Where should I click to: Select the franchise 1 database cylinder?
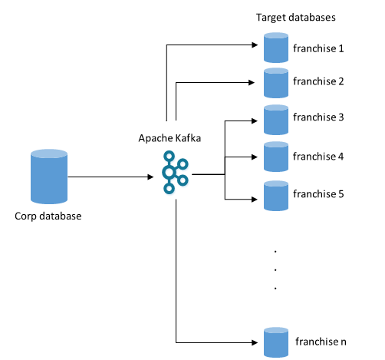275,48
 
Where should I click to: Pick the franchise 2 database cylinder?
275,82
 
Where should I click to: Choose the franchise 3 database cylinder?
275,119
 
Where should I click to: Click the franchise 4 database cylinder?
275,157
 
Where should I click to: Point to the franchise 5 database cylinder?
275,195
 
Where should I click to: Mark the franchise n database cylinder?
275,342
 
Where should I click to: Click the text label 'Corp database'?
48,215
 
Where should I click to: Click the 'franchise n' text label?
321,341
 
